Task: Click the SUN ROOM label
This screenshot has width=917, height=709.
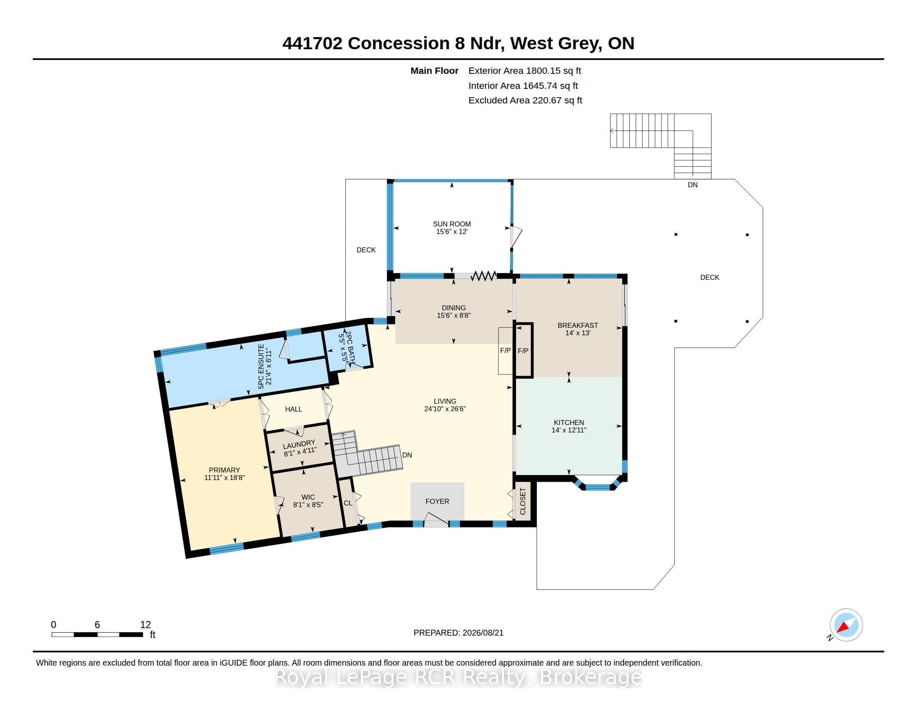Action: coord(452,224)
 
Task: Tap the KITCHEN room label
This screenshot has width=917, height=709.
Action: coord(569,422)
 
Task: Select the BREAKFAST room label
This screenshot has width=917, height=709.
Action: coord(578,325)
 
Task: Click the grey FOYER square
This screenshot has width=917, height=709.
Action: coord(438,501)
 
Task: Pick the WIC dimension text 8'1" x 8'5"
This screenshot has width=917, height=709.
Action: coord(308,505)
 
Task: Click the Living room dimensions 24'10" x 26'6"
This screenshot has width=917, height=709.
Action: coord(445,409)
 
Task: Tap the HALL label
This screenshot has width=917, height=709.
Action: coord(293,409)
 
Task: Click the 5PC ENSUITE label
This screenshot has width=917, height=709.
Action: coord(261,367)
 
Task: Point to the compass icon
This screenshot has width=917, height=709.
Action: coord(846,625)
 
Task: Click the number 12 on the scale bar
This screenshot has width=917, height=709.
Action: coord(145,625)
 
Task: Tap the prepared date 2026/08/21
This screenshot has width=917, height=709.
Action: coord(483,633)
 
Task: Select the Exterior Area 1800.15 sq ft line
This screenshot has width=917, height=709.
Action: coord(525,71)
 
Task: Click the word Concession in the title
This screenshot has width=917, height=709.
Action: coord(399,43)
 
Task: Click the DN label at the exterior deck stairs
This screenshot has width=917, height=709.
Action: coord(692,185)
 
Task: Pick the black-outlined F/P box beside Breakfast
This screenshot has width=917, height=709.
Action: coord(524,350)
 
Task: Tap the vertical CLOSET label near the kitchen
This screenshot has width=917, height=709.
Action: coord(523,501)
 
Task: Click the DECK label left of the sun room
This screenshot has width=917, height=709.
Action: coord(366,250)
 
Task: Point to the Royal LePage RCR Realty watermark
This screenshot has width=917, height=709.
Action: coord(458,677)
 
